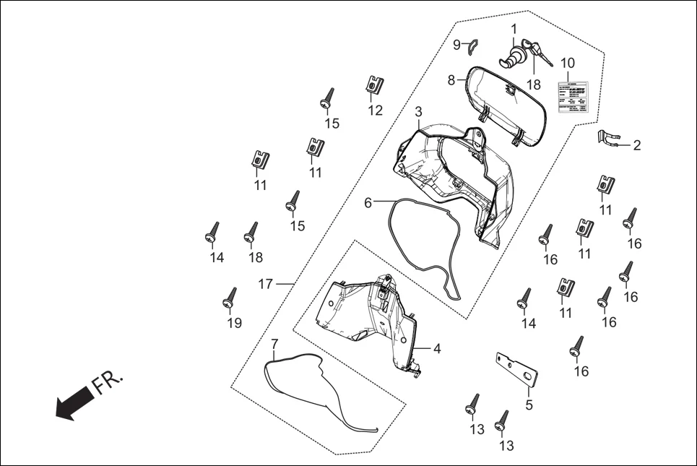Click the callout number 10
point(567,63)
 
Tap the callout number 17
point(265,284)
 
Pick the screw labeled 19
point(231,297)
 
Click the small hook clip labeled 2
point(609,137)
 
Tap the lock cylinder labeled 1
point(516,56)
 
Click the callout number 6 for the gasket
point(368,203)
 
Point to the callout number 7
point(274,342)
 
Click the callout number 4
point(436,348)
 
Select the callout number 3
point(418,113)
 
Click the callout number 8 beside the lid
point(451,80)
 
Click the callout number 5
point(529,405)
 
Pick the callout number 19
point(234,323)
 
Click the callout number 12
point(376,111)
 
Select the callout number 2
point(636,145)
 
